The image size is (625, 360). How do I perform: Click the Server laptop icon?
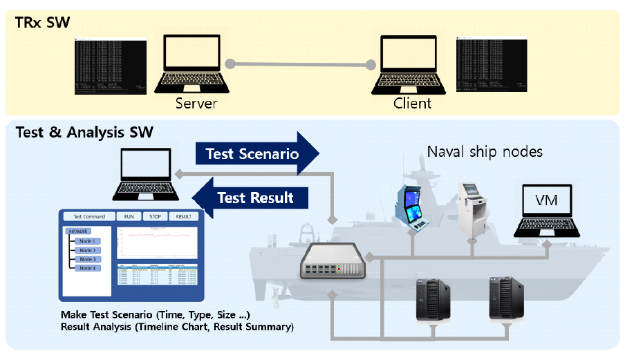tap(196, 64)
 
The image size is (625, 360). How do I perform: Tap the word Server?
tap(196, 104)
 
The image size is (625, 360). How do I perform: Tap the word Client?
tap(412, 104)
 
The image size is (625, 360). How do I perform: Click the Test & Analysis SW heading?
tap(84, 131)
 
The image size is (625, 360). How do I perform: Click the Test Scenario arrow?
tap(256, 153)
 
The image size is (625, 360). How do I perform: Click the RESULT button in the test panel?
tap(183, 216)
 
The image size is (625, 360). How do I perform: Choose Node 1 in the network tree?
tap(87, 241)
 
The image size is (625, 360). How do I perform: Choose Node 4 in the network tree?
tap(87, 268)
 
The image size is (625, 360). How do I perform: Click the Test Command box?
tap(89, 216)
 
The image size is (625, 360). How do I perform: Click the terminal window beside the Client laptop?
tap(492, 64)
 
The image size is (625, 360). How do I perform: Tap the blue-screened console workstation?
tap(417, 203)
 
